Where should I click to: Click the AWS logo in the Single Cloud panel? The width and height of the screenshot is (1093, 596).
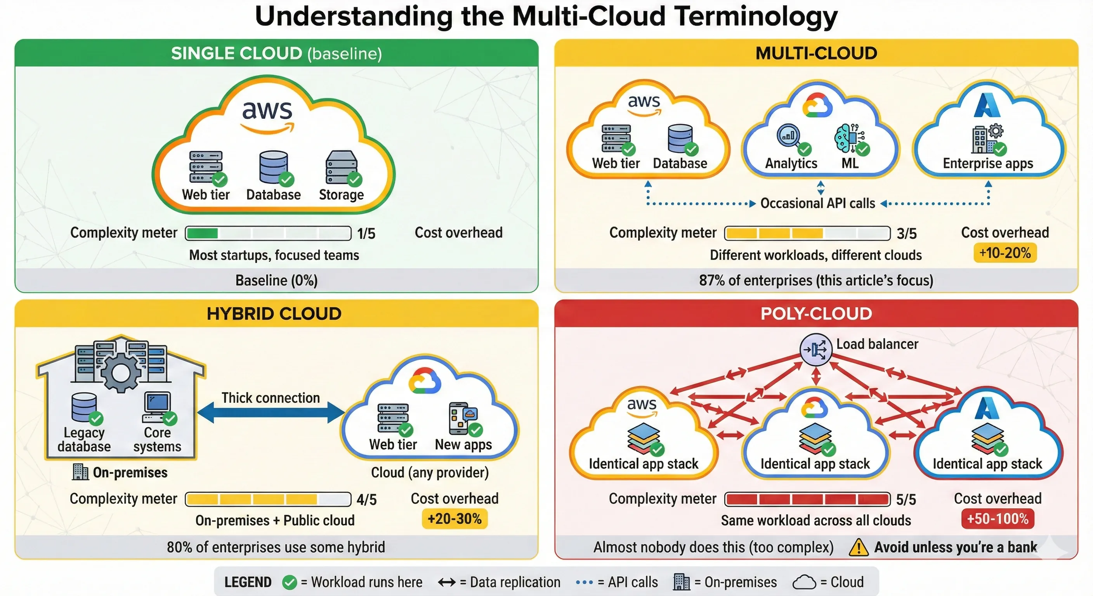(267, 115)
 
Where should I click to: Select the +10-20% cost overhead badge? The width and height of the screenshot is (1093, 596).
(1005, 253)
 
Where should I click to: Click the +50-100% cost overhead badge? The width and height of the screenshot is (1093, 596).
(998, 519)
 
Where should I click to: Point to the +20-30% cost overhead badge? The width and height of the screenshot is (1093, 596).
(455, 519)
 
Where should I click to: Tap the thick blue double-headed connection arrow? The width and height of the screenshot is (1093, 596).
(271, 413)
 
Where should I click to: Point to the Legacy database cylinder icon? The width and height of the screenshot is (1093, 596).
(84, 406)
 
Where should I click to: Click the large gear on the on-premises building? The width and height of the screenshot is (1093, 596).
(121, 372)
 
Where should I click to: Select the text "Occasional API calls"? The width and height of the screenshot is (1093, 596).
(818, 204)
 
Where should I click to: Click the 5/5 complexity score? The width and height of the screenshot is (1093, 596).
(906, 500)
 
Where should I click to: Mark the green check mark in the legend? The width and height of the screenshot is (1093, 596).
(290, 582)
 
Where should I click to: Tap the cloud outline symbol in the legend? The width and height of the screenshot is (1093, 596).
(804, 582)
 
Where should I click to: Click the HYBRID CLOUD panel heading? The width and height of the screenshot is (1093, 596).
(274, 314)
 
